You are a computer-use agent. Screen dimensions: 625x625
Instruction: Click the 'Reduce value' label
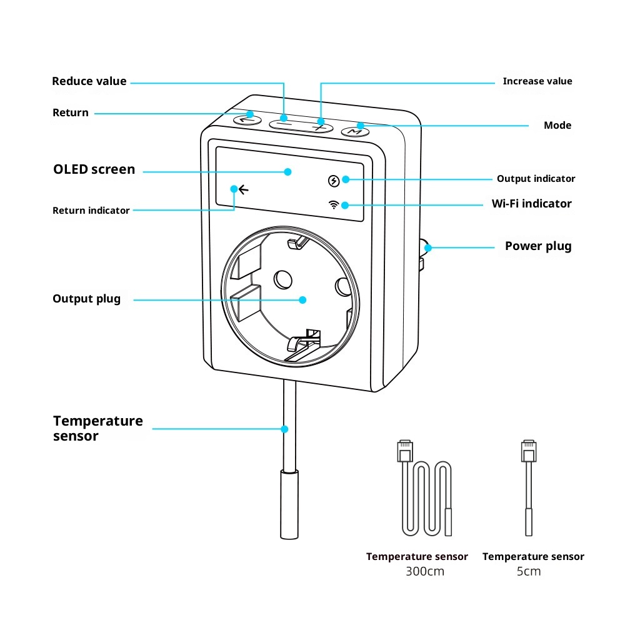[x=89, y=81]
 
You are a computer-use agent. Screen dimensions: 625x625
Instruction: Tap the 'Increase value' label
[x=537, y=81]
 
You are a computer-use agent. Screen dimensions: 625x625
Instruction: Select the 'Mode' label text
[x=557, y=126]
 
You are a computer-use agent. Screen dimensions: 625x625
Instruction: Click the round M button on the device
[x=354, y=131]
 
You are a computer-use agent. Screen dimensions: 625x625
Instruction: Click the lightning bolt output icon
[x=334, y=181]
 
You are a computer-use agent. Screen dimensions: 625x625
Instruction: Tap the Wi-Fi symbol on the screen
[x=334, y=204]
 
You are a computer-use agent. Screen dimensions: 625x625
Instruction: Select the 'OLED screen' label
[x=94, y=169]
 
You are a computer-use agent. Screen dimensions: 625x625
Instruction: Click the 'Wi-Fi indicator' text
[x=531, y=204]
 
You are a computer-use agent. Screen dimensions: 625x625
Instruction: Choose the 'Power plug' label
[x=538, y=246]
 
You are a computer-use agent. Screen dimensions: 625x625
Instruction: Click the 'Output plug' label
[x=86, y=299]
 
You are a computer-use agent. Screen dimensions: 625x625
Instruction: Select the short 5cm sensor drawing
[x=529, y=487]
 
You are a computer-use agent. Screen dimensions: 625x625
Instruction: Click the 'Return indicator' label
[x=91, y=211]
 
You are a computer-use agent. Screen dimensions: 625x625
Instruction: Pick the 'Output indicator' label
[x=536, y=179]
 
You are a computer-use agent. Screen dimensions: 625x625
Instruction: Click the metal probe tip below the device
[x=289, y=506]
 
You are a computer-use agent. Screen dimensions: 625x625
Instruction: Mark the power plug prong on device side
[x=423, y=256]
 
